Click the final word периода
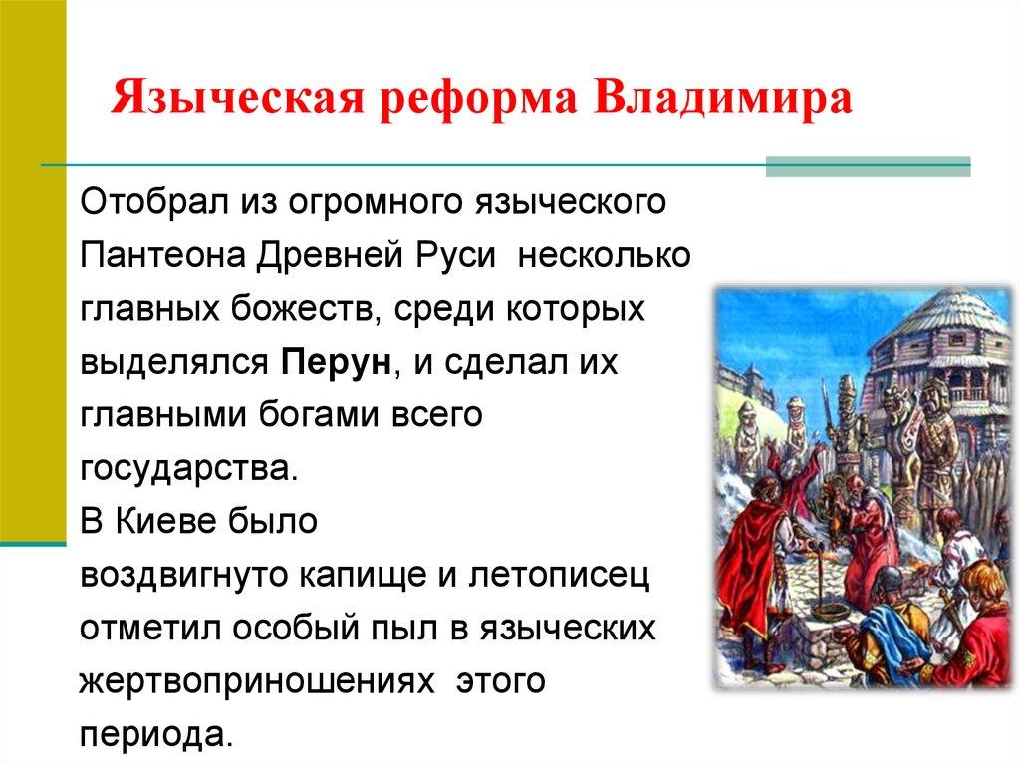click(x=156, y=737)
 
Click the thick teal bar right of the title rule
click(x=868, y=166)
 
